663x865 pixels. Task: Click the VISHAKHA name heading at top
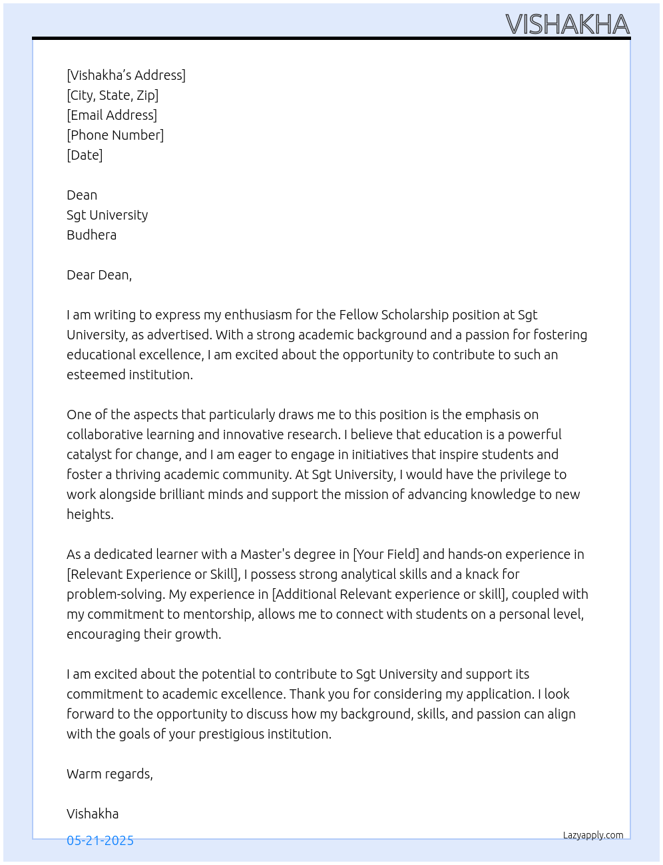pos(567,25)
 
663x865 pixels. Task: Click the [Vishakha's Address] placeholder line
pos(126,75)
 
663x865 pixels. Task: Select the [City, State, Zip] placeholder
pos(112,95)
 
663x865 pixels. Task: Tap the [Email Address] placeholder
pos(112,115)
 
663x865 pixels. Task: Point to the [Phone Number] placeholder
pos(115,135)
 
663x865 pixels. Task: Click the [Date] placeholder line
pos(85,155)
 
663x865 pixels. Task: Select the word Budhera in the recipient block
pos(91,235)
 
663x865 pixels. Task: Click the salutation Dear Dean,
pos(99,275)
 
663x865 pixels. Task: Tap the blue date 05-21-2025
pos(100,840)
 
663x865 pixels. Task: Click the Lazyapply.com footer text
pos(593,835)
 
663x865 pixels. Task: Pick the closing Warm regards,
pos(110,774)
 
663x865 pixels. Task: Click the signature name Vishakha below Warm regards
pos(93,814)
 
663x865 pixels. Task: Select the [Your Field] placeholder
pos(386,554)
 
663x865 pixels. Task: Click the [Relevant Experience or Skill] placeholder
pos(153,574)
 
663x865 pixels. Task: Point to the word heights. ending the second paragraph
pos(90,514)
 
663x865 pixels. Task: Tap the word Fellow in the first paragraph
pos(358,315)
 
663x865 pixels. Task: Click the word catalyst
pos(91,454)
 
